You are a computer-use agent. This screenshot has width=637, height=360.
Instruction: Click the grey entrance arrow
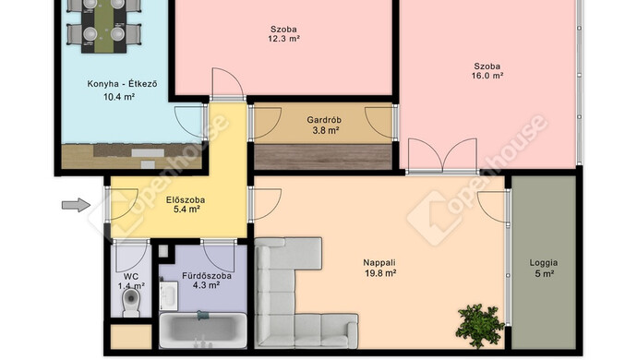click(x=76, y=205)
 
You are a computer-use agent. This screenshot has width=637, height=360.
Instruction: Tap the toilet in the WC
click(x=131, y=302)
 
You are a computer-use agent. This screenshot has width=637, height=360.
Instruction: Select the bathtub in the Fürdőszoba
click(x=203, y=330)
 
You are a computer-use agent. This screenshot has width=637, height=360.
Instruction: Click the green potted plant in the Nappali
click(x=480, y=326)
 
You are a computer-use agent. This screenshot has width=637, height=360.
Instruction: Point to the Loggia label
click(x=544, y=262)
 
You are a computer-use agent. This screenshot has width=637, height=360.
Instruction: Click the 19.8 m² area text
click(x=380, y=273)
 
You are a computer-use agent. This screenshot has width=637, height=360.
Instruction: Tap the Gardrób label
click(x=324, y=120)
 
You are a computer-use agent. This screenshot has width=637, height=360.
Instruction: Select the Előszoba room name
click(x=186, y=200)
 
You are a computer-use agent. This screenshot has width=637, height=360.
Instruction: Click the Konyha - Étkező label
click(x=122, y=84)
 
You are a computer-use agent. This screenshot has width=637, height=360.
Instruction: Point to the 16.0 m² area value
click(x=487, y=76)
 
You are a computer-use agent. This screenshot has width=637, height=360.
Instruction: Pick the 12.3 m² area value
click(x=284, y=39)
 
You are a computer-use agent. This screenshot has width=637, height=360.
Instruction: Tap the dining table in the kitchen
click(x=104, y=25)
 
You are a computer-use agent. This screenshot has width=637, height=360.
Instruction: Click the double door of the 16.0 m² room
click(x=442, y=157)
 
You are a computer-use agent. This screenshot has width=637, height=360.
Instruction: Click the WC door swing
click(x=131, y=256)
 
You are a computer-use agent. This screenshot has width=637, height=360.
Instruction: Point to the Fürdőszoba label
click(x=207, y=276)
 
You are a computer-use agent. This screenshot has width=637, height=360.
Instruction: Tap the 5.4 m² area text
click(x=186, y=210)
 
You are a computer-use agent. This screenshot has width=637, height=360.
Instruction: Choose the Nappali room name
click(x=379, y=263)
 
